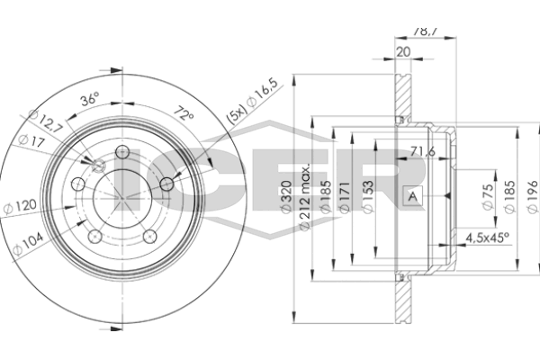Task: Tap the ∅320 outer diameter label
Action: point(285,197)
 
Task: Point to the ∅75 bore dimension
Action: point(486,196)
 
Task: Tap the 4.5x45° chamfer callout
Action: point(487,238)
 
